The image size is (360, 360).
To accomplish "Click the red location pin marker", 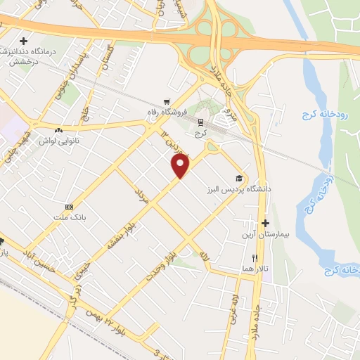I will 181,165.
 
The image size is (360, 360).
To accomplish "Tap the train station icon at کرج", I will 200,121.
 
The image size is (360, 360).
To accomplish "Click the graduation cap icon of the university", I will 238,179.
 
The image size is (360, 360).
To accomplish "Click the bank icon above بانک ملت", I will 69,207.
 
